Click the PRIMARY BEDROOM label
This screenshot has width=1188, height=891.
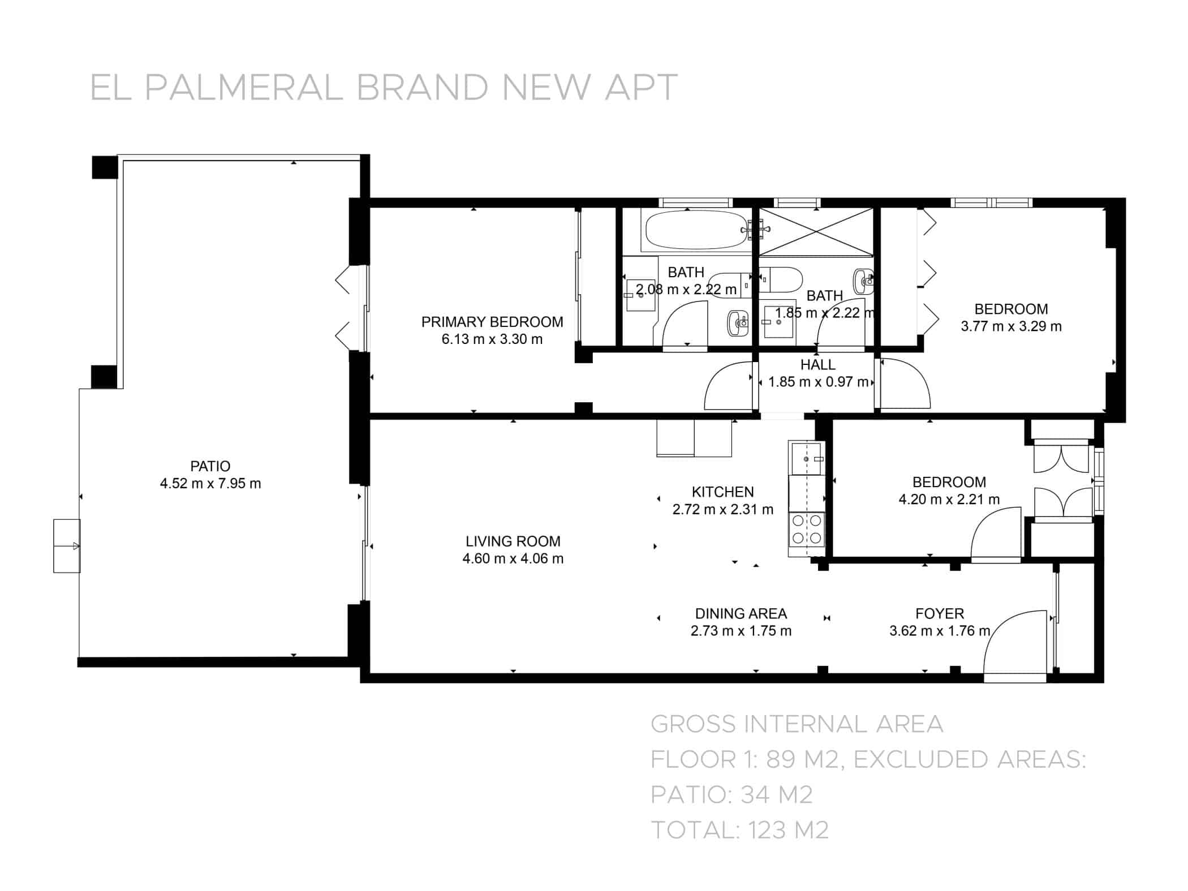click(x=492, y=322)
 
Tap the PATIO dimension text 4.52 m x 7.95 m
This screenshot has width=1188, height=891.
click(x=210, y=484)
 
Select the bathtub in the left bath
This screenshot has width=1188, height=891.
click(x=696, y=230)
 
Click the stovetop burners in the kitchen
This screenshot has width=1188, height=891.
click(x=807, y=528)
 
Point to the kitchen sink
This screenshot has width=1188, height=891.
click(x=807, y=459)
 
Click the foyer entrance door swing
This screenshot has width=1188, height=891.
click(x=1013, y=645)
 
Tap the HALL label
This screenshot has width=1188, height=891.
click(x=817, y=365)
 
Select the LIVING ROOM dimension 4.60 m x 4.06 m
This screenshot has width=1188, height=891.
click(x=513, y=559)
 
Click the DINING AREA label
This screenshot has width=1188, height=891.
click(x=741, y=614)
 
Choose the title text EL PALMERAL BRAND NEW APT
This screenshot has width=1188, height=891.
click(x=384, y=88)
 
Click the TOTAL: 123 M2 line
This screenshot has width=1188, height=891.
click(x=740, y=830)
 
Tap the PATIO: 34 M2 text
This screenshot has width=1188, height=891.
click(x=731, y=795)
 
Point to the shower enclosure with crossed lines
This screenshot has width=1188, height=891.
click(x=816, y=231)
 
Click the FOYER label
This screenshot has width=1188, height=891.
click(x=940, y=614)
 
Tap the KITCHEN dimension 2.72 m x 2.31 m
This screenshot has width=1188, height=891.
click(x=722, y=510)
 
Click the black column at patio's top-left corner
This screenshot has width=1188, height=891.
click(x=105, y=167)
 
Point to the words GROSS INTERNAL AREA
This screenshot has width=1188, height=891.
click(x=797, y=724)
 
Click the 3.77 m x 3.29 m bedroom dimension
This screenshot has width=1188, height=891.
click(x=1011, y=326)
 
